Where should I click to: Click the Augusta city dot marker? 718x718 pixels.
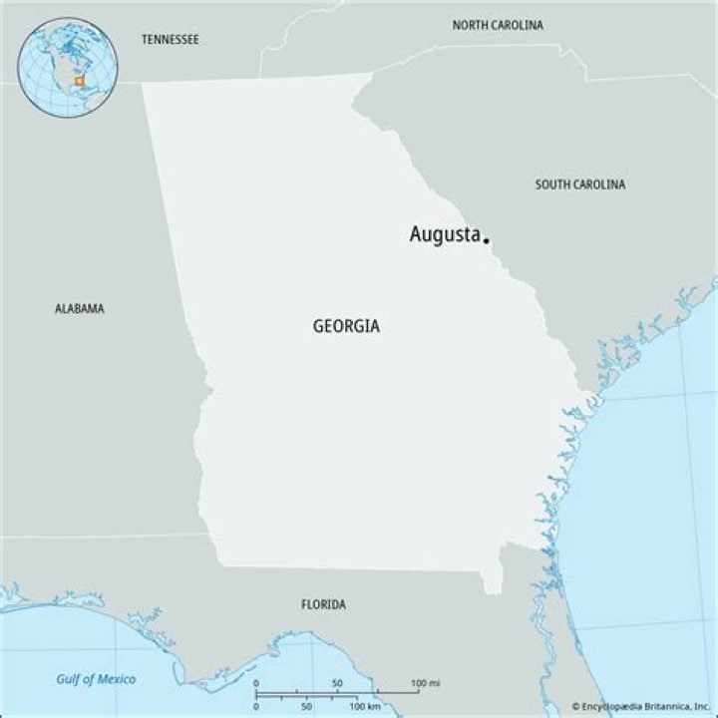point(486,239)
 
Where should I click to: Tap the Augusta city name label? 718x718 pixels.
point(445,235)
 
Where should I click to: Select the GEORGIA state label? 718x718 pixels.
point(346,326)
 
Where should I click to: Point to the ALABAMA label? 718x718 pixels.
point(79,309)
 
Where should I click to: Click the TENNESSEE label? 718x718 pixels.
point(170,40)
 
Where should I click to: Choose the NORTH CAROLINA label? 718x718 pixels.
point(498,25)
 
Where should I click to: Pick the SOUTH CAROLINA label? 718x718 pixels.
point(580,184)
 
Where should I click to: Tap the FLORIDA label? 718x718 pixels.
point(324,605)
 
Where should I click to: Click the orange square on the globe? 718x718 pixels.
point(80,80)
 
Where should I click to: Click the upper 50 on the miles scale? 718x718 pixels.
point(337,684)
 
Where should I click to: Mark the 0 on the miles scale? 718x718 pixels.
point(256,684)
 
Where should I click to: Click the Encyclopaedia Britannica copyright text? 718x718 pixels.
point(641,706)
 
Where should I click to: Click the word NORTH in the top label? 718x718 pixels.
point(471,25)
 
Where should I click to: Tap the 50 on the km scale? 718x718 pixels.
point(306,706)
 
